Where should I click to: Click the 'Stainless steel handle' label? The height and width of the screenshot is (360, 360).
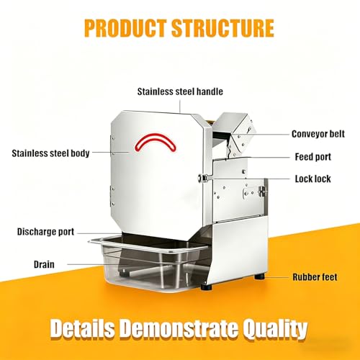click(x=180, y=91)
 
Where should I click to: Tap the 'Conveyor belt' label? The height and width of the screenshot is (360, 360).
click(x=318, y=134)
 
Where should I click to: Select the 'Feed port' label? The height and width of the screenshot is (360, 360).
click(x=313, y=157)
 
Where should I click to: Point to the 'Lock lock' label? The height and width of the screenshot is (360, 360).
click(x=312, y=179)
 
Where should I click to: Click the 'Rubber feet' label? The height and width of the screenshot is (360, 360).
click(x=315, y=277)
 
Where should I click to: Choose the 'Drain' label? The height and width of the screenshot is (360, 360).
click(x=44, y=264)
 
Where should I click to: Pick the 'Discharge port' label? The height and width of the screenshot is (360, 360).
click(x=45, y=232)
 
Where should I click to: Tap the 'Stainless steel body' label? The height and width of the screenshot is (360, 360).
click(x=50, y=153)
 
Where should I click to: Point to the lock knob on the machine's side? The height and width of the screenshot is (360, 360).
click(x=203, y=178)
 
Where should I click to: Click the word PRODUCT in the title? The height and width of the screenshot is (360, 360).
click(x=125, y=28)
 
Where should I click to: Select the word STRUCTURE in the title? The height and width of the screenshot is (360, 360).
click(x=222, y=28)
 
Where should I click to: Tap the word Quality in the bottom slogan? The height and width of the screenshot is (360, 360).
click(x=274, y=329)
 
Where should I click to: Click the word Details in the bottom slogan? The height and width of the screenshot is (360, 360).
click(x=82, y=328)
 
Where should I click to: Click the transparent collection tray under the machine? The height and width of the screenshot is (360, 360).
click(x=149, y=264)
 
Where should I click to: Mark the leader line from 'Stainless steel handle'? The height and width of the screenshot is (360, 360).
click(x=180, y=106)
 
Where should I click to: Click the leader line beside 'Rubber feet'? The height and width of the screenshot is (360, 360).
click(x=276, y=277)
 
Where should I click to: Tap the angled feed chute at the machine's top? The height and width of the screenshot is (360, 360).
click(x=234, y=133)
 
